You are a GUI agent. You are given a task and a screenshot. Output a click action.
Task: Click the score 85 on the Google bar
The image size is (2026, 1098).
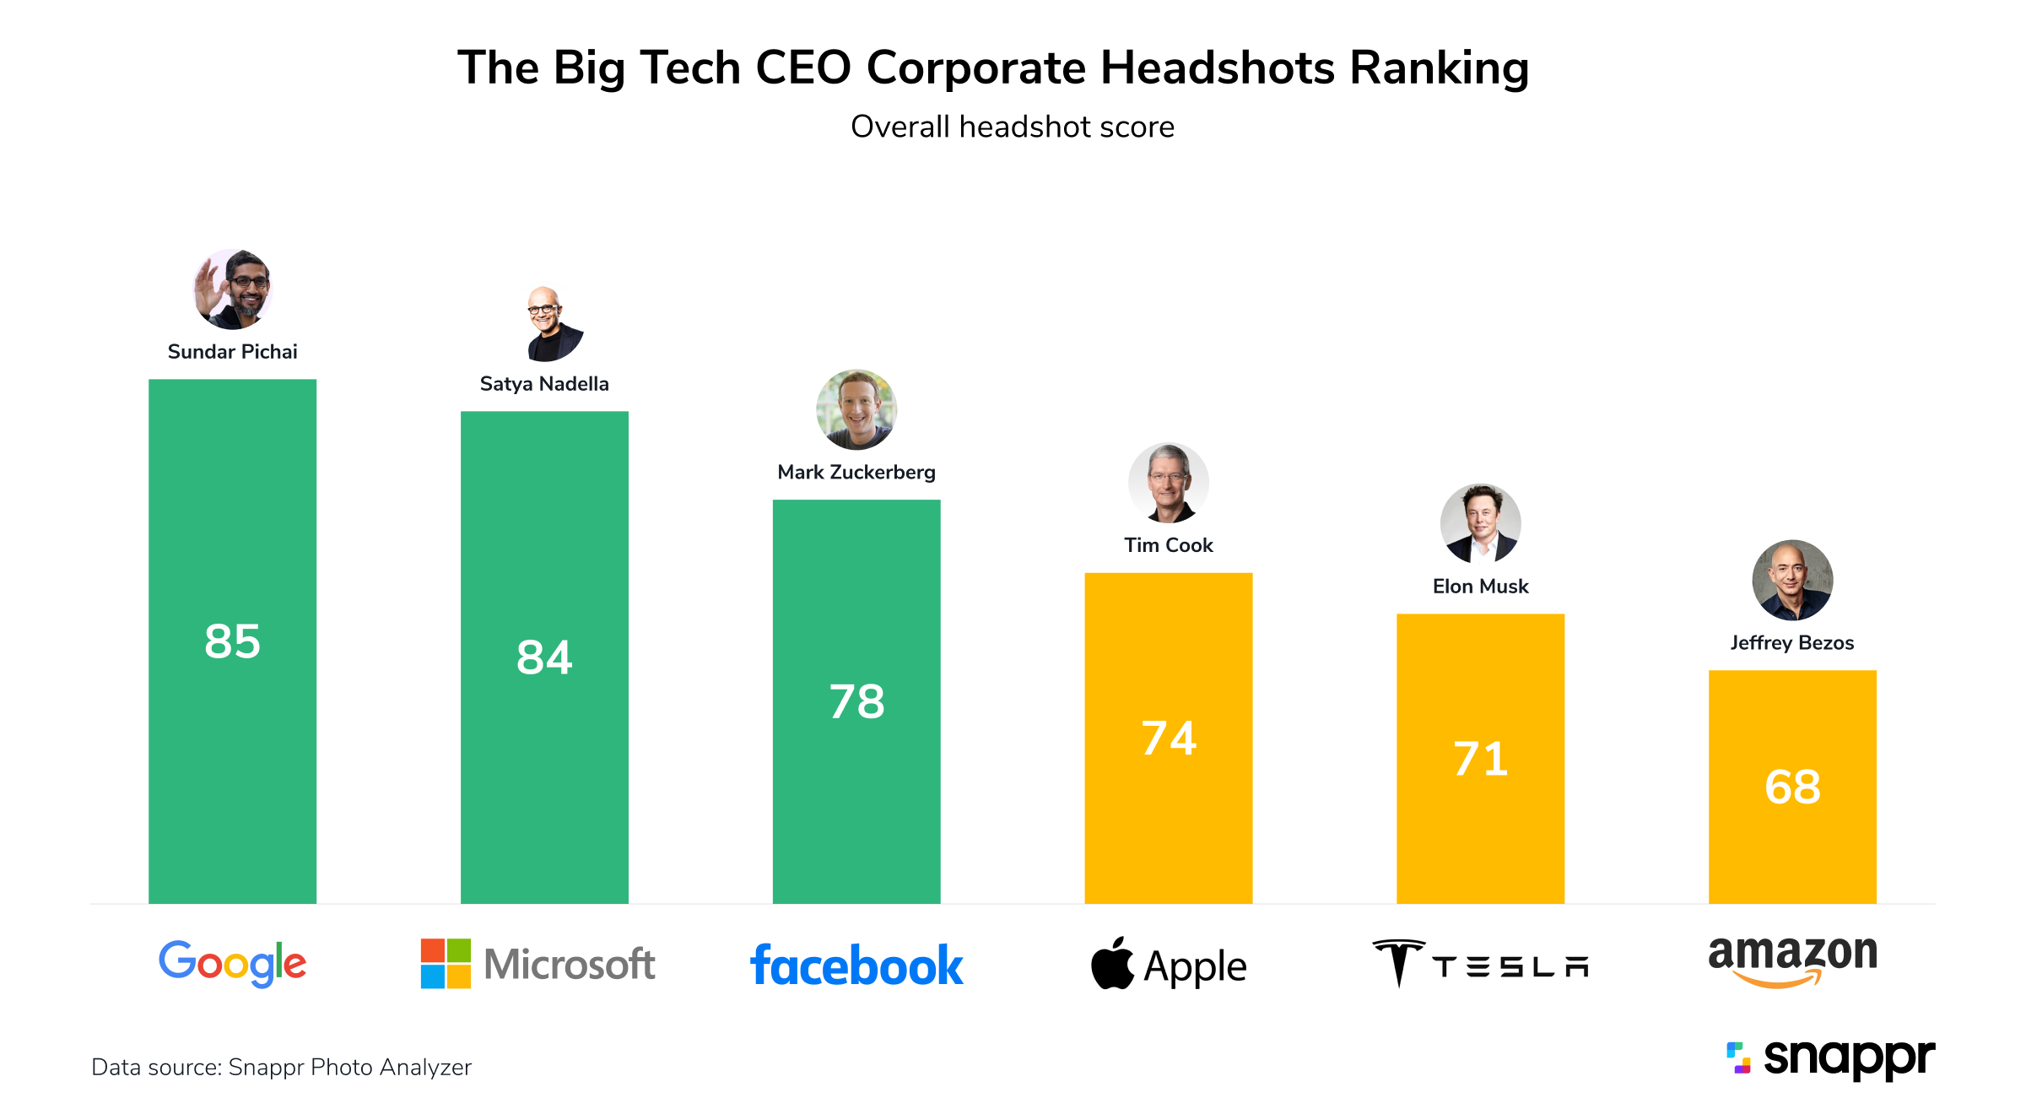click(233, 641)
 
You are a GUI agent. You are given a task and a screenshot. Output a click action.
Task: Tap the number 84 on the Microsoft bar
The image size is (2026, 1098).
click(544, 657)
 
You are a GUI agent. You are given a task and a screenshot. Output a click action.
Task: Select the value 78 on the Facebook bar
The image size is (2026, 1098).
click(856, 701)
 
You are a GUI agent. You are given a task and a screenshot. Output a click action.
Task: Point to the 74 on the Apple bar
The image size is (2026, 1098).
click(1169, 738)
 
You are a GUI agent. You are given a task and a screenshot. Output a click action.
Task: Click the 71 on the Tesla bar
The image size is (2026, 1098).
click(1480, 759)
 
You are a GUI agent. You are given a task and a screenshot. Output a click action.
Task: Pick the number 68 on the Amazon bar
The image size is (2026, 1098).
click(1792, 787)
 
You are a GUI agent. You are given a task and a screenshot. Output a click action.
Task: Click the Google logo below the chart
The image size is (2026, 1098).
click(233, 963)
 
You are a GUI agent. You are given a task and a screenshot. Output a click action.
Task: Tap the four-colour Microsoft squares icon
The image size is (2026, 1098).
click(446, 963)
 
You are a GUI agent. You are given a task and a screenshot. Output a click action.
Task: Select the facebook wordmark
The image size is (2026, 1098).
click(856, 965)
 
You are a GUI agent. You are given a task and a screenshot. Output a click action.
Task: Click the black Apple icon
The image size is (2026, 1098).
click(1112, 964)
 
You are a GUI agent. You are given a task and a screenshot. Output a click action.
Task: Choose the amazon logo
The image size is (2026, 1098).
click(1792, 960)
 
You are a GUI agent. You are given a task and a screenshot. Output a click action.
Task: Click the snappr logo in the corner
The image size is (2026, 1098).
click(1831, 1057)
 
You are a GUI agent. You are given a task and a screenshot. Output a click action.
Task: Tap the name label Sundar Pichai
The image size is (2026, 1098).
click(233, 352)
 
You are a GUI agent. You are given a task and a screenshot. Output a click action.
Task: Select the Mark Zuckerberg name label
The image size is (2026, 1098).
click(856, 472)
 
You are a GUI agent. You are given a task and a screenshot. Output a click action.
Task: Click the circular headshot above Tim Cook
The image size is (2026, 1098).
click(1169, 483)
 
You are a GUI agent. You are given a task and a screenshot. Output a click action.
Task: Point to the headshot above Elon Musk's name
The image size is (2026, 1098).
click(1480, 523)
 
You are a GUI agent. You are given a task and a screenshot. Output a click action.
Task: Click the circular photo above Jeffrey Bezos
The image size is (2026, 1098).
click(1792, 580)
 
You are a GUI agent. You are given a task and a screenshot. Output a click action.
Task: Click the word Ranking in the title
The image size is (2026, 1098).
click(1439, 68)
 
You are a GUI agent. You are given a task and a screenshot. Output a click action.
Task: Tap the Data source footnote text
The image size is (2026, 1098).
click(281, 1067)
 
